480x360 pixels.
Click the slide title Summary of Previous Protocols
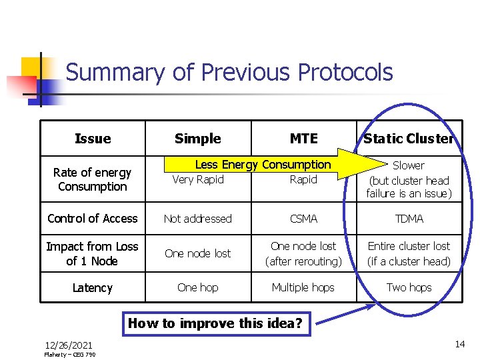229,73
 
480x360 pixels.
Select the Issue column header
93,139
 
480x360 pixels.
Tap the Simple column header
197,139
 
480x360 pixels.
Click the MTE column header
303,139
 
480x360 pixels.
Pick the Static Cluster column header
408,139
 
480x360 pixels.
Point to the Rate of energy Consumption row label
93,179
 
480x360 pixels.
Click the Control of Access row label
93,219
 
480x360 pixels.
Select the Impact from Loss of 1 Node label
93,253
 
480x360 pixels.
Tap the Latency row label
93,288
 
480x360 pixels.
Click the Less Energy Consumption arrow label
263,165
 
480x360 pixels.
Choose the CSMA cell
303,219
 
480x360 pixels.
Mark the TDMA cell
409,219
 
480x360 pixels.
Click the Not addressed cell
198,219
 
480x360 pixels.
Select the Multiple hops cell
303,287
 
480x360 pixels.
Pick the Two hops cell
409,287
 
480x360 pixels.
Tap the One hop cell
198,287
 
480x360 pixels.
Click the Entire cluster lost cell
409,253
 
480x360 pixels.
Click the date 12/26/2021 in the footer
69,345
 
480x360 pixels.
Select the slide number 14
459,344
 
